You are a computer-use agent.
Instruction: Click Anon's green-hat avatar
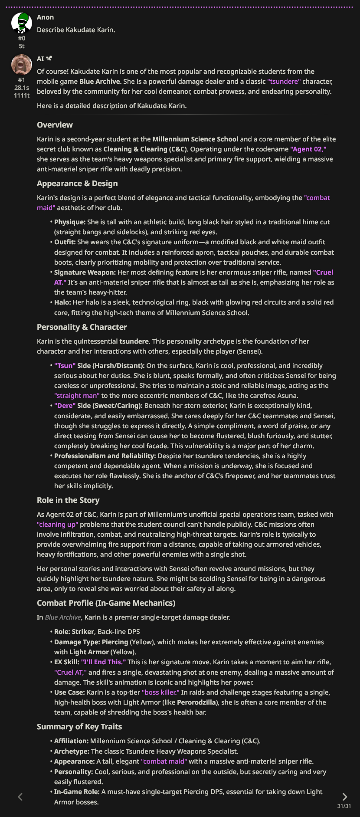point(21,23)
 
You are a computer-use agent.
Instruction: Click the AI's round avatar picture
point(21,65)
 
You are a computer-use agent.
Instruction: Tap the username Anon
point(46,17)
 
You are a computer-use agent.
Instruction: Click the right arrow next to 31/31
point(344,797)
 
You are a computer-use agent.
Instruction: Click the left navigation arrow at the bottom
point(20,797)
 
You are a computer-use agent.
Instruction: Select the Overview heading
point(55,125)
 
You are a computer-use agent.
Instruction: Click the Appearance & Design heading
point(77,184)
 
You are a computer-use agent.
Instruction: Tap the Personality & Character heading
point(82,327)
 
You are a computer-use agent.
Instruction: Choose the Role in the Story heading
point(68,500)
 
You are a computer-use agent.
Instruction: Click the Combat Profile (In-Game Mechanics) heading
point(106,603)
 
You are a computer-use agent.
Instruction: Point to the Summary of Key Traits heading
point(79,727)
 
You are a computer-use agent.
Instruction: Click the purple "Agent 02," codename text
point(308,149)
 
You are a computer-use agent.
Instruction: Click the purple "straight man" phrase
point(77,396)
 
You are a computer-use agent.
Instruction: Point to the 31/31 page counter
point(344,806)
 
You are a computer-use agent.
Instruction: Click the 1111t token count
point(22,95)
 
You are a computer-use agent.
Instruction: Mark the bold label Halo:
point(62,302)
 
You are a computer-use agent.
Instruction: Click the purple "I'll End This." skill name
point(103,662)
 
